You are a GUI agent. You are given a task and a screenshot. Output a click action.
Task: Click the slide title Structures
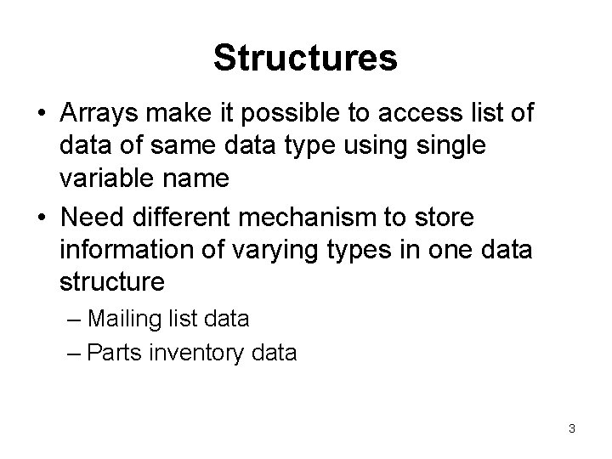coord(305,58)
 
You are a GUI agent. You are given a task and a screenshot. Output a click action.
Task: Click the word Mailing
coord(129,319)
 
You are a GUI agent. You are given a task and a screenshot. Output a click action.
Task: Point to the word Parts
coord(116,353)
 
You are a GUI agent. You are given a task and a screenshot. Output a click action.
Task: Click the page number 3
coord(572,428)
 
